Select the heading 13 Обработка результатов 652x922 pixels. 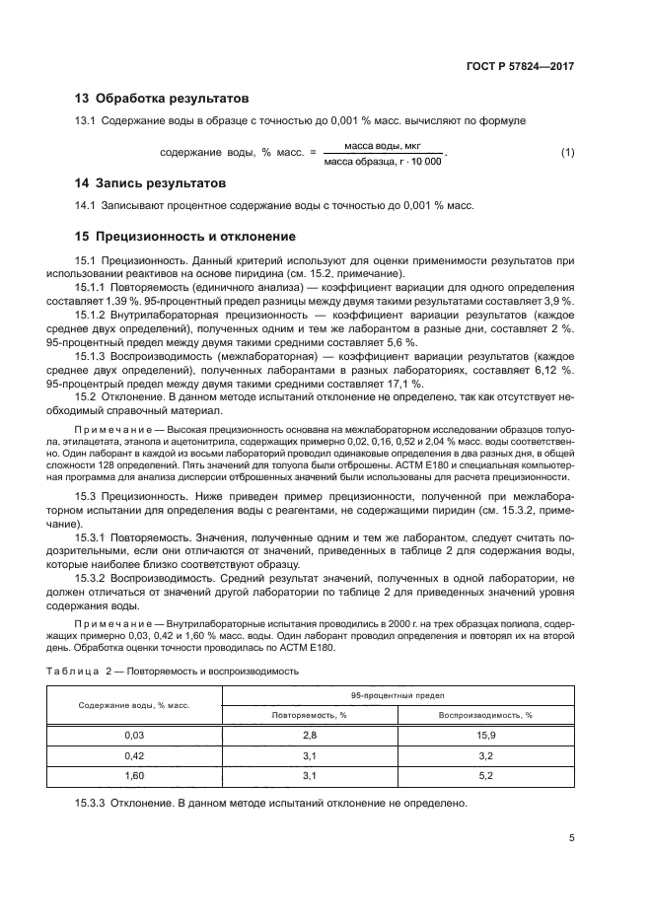[162, 99]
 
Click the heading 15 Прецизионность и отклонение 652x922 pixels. [185, 237]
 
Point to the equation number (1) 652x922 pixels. [567, 152]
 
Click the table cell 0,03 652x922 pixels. [135, 736]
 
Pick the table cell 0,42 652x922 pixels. [135, 755]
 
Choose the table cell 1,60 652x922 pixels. [135, 775]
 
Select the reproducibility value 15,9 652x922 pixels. [485, 736]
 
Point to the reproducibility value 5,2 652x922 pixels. [485, 775]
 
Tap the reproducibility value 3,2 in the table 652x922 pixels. [485, 755]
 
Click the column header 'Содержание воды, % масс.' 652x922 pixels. [135, 706]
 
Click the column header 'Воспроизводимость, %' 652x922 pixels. [485, 716]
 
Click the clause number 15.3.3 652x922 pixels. [91, 804]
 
